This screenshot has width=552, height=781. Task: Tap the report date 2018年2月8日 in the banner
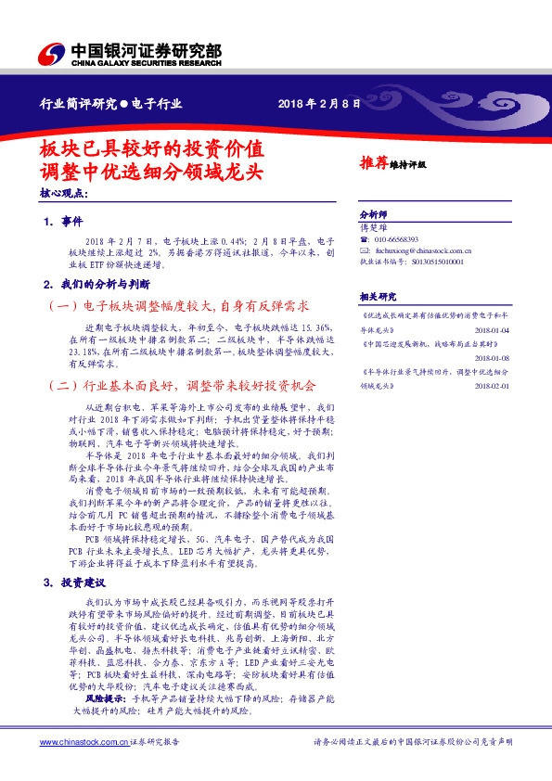(x=318, y=102)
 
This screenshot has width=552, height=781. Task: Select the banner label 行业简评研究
(x=78, y=102)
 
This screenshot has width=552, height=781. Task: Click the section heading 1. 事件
(x=63, y=223)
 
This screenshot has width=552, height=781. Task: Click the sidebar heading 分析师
(x=371, y=213)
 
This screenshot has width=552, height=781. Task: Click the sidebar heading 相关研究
(x=377, y=296)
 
